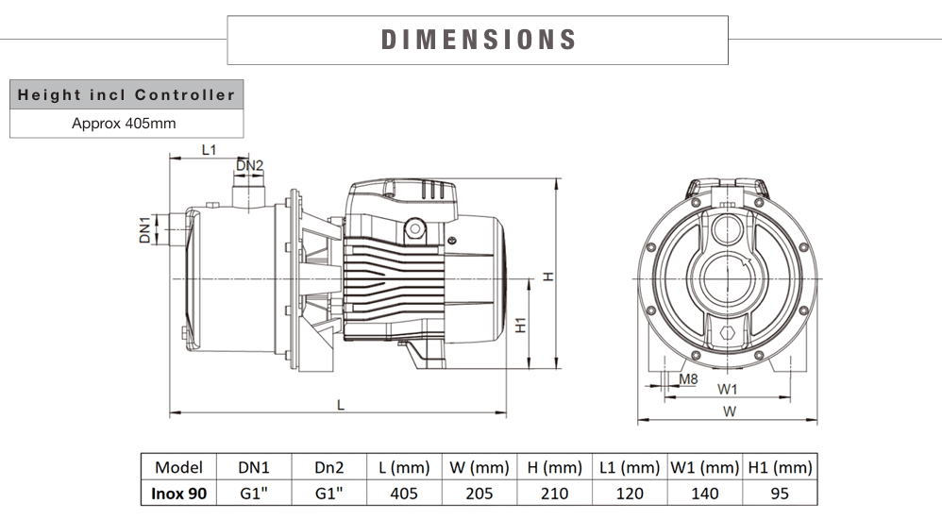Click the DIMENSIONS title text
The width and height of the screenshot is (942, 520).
(x=479, y=40)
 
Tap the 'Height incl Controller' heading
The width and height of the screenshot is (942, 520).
(x=126, y=95)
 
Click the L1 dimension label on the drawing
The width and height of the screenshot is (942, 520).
(x=210, y=150)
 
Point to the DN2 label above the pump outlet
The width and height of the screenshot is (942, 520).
(x=250, y=166)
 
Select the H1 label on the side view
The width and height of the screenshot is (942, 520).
(x=520, y=327)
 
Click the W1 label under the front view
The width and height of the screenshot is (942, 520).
(x=727, y=389)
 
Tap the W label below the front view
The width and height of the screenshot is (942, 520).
(x=730, y=411)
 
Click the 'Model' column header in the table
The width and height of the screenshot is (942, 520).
(x=179, y=467)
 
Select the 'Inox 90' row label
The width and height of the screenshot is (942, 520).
(x=179, y=493)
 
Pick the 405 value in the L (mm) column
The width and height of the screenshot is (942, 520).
(x=404, y=493)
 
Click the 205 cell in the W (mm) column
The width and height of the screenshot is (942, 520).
(x=479, y=493)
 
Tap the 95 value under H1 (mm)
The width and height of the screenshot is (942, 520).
(x=779, y=493)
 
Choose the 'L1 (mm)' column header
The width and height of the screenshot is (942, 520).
(x=630, y=467)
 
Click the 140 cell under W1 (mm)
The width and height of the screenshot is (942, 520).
(x=704, y=493)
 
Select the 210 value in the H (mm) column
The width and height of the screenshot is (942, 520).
(x=554, y=493)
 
